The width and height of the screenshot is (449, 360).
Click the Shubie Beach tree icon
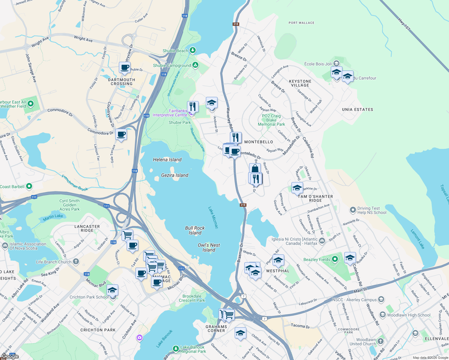193,50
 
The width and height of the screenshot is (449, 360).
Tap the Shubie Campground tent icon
195,65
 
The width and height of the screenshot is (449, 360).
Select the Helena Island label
167,160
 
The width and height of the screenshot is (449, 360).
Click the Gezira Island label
175,175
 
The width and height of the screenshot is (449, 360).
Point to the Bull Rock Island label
195,230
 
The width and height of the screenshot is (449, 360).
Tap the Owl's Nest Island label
209,247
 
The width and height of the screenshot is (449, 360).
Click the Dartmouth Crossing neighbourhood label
122,82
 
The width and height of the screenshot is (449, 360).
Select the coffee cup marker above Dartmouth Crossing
125,68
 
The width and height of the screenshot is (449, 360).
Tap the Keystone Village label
300,83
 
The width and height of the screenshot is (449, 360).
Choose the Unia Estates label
357,109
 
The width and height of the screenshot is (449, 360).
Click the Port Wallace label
301,23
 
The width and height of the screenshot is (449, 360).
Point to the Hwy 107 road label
404,24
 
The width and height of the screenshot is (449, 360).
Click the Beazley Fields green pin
335,259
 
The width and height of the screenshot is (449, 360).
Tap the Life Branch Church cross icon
76,262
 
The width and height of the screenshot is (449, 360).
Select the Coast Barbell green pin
29,186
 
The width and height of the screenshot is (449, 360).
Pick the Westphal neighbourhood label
278,271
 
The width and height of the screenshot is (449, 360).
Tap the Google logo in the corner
10,356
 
